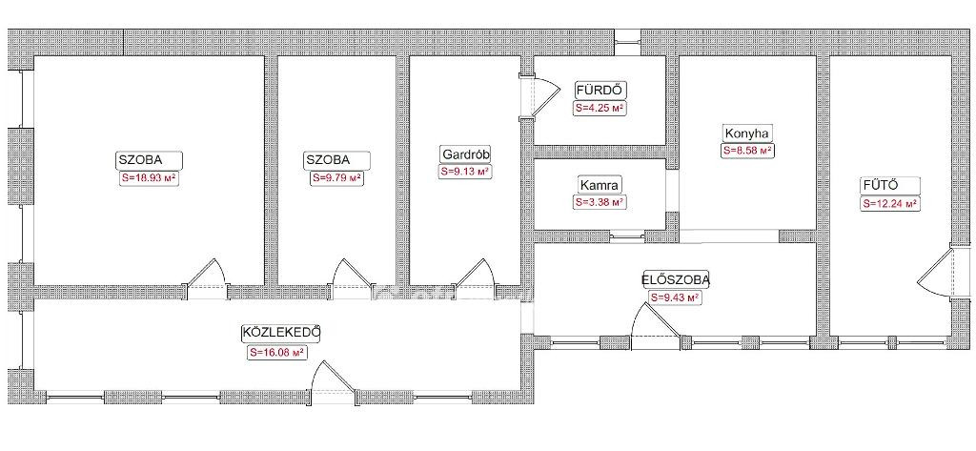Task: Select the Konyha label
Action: click(747, 133)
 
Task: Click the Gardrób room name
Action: click(465, 154)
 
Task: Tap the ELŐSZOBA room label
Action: click(676, 279)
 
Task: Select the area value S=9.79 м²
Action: click(336, 178)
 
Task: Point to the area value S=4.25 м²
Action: click(600, 108)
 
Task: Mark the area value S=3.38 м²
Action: click(600, 202)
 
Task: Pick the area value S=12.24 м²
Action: click(891, 203)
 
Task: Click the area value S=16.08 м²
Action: click(276, 353)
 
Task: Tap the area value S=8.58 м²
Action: click(747, 151)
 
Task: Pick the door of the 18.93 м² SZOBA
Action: click(207, 275)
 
